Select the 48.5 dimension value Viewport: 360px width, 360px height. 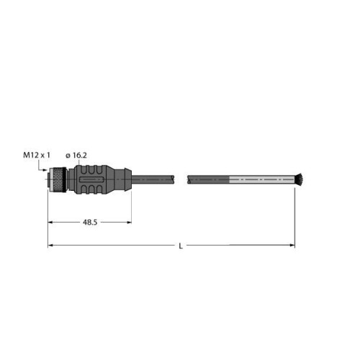click(x=89, y=222)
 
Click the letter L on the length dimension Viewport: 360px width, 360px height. click(x=180, y=246)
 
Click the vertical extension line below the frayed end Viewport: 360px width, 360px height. click(x=295, y=216)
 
